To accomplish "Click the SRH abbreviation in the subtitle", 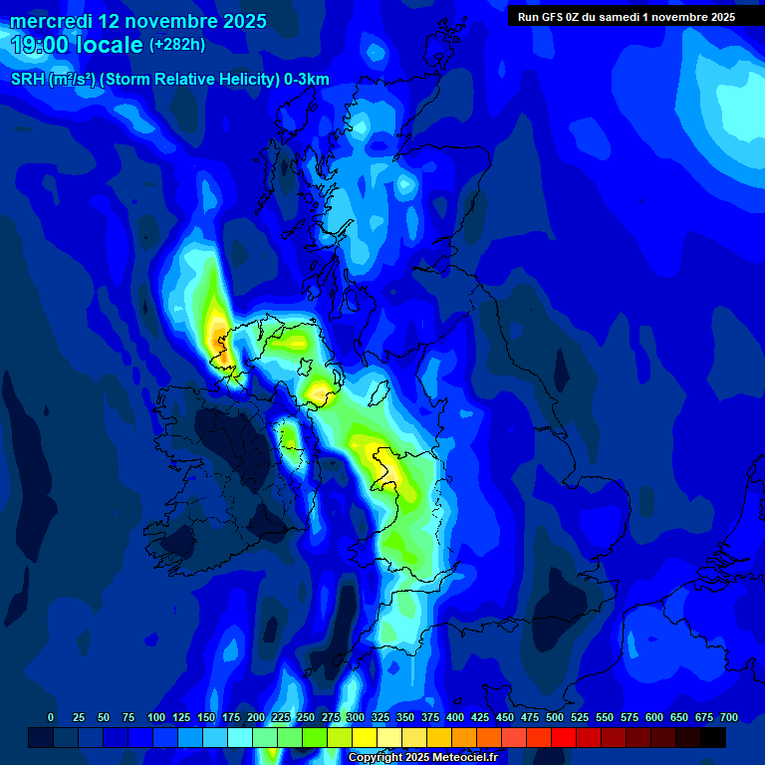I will click(x=28, y=80).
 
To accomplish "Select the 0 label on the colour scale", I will click(x=51, y=718).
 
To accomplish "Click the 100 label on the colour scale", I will click(x=156, y=718).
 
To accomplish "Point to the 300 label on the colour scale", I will click(x=356, y=718).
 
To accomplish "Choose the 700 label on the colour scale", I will click(x=729, y=718).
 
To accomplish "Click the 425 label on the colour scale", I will click(x=480, y=718).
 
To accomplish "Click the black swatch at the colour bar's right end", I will click(x=713, y=738).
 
